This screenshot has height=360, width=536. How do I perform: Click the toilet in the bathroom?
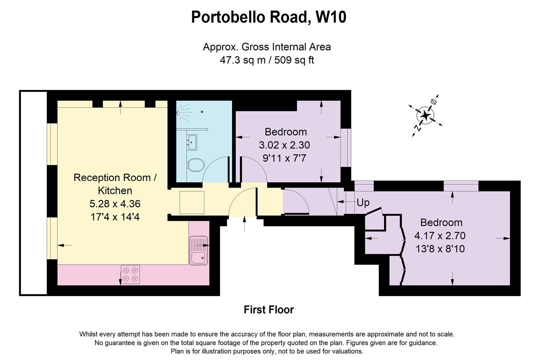click(196, 165)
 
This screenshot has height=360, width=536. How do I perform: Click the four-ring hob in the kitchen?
click(130, 274)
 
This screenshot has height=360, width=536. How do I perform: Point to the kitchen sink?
click(198, 251)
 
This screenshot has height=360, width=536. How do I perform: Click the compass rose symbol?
click(426, 115)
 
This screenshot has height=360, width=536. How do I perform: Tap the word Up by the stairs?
click(363, 202)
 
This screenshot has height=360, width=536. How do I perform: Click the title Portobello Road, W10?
click(268, 17)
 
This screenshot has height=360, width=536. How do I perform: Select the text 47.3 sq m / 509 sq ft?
click(267, 60)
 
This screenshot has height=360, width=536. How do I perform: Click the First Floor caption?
click(268, 310)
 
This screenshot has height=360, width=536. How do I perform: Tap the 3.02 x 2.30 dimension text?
click(284, 145)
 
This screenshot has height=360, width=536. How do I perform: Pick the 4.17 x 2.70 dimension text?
click(440, 236)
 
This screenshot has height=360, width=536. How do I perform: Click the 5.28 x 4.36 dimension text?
click(115, 204)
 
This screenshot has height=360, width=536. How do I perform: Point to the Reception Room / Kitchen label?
click(115, 184)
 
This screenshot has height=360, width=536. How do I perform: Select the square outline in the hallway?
click(192, 202)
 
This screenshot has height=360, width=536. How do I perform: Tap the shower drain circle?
click(202, 112)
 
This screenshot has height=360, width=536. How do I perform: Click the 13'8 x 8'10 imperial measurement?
click(440, 249)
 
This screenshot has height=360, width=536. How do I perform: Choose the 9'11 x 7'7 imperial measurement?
click(284, 158)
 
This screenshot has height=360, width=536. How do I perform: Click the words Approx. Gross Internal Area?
click(267, 47)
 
